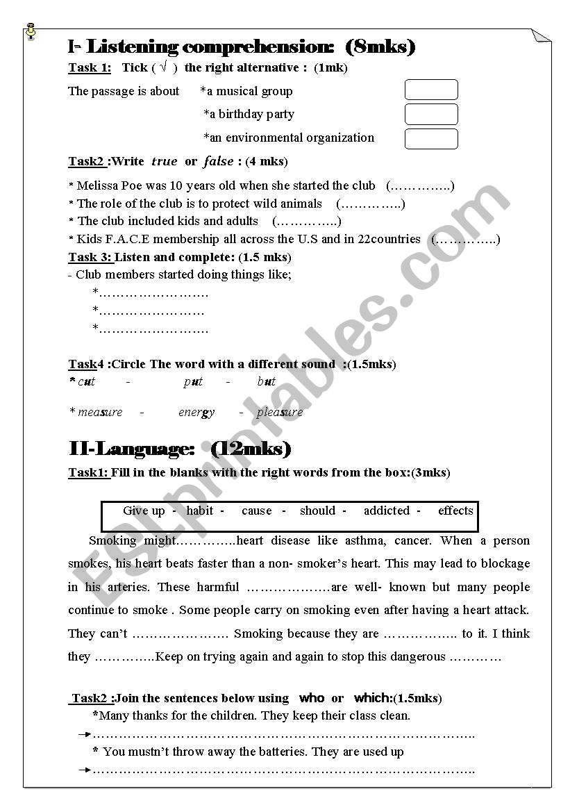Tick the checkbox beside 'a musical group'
tap(431, 90)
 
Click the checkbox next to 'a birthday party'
tap(431, 114)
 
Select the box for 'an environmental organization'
tap(431, 138)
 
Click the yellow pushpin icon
tap(30, 31)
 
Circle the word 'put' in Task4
tap(193, 381)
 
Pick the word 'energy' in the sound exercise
tap(196, 412)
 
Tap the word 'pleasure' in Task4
tap(280, 412)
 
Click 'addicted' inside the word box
tap(387, 511)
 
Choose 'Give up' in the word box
tap(144, 511)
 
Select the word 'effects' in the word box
tap(455, 511)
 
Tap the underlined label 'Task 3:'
tap(90, 257)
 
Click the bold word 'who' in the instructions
tap(312, 697)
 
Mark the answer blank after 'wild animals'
tap(370, 204)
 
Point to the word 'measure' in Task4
tap(100, 412)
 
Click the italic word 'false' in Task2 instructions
tap(218, 161)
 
